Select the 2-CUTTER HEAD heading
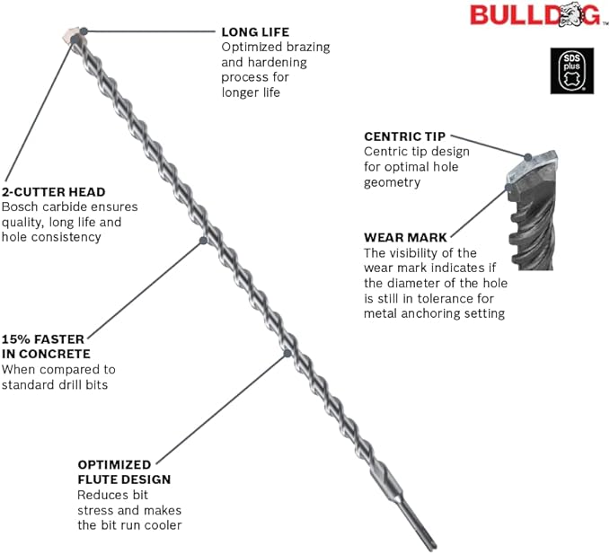[53, 191]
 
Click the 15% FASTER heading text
[42, 339]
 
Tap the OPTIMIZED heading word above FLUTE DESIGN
[113, 464]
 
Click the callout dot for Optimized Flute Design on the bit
[287, 355]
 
